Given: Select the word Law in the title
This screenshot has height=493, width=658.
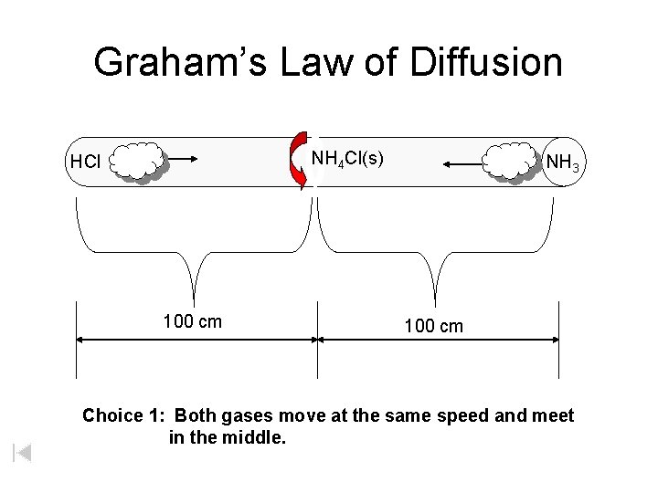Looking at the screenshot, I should pyautogui.click(x=325, y=62).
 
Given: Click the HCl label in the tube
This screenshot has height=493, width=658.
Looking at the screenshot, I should pyautogui.click(x=85, y=163).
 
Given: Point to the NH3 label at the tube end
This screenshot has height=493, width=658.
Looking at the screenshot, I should pyautogui.click(x=561, y=163).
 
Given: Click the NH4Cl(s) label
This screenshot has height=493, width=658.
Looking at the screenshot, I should pyautogui.click(x=347, y=159).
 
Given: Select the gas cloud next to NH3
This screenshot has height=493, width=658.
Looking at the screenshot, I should pyautogui.click(x=511, y=162).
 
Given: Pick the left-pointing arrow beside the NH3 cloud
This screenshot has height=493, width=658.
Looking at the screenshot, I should pyautogui.click(x=462, y=164).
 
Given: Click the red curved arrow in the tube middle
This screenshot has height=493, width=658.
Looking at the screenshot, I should pyautogui.click(x=299, y=161).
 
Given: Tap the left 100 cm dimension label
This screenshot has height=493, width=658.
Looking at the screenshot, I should pyautogui.click(x=192, y=321).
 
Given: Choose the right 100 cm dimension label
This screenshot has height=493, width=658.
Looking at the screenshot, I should pyautogui.click(x=434, y=326).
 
